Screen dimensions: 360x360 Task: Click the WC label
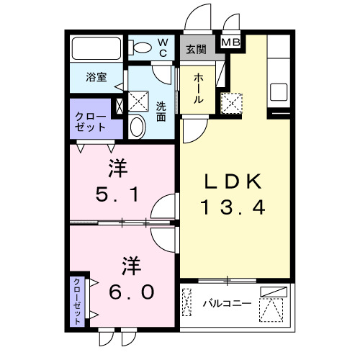point(162,48)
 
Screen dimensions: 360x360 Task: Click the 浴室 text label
point(97,77)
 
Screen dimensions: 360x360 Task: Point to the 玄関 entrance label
point(196,49)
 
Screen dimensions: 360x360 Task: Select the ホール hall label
point(197,89)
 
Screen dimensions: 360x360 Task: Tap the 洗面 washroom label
point(163,112)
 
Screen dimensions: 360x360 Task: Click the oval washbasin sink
point(138,127)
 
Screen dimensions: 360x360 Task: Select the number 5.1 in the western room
point(117,194)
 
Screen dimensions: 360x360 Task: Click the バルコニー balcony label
point(226,303)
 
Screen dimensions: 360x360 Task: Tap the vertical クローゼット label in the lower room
point(76,301)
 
